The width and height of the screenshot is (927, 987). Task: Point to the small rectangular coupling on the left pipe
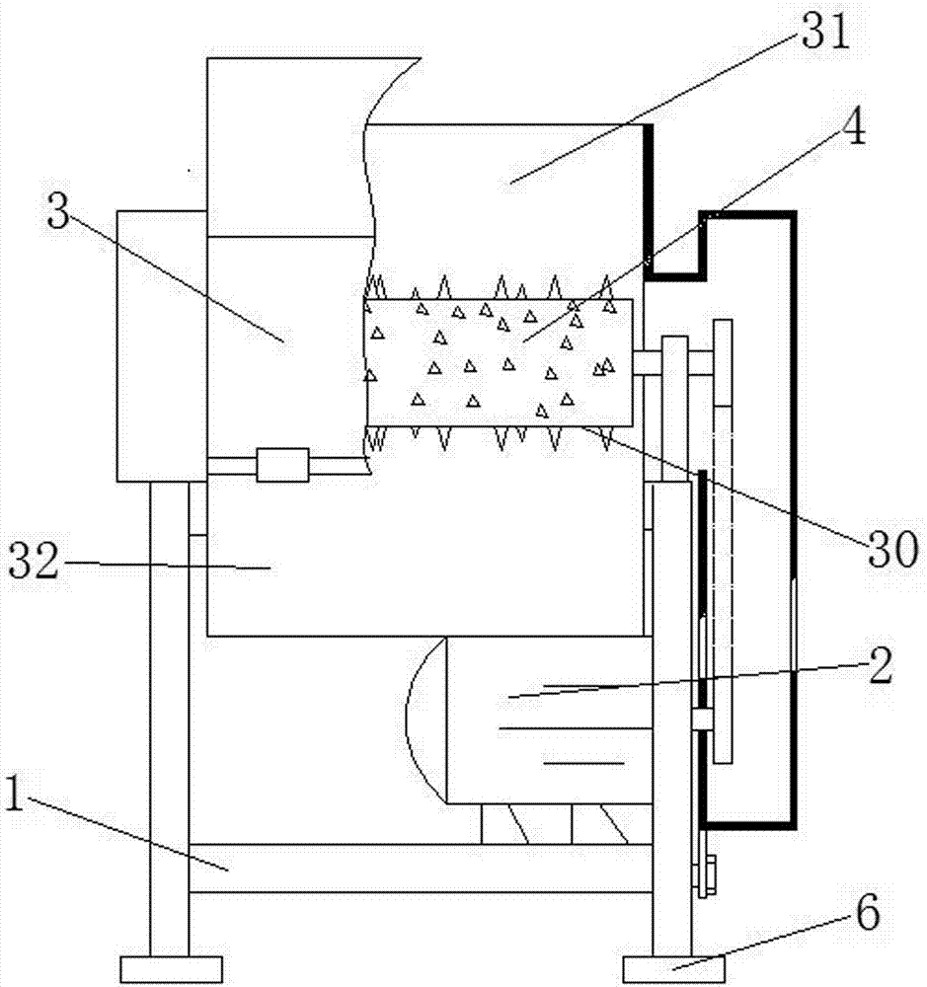(x=282, y=465)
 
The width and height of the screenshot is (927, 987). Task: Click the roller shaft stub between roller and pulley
(x=647, y=362)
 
